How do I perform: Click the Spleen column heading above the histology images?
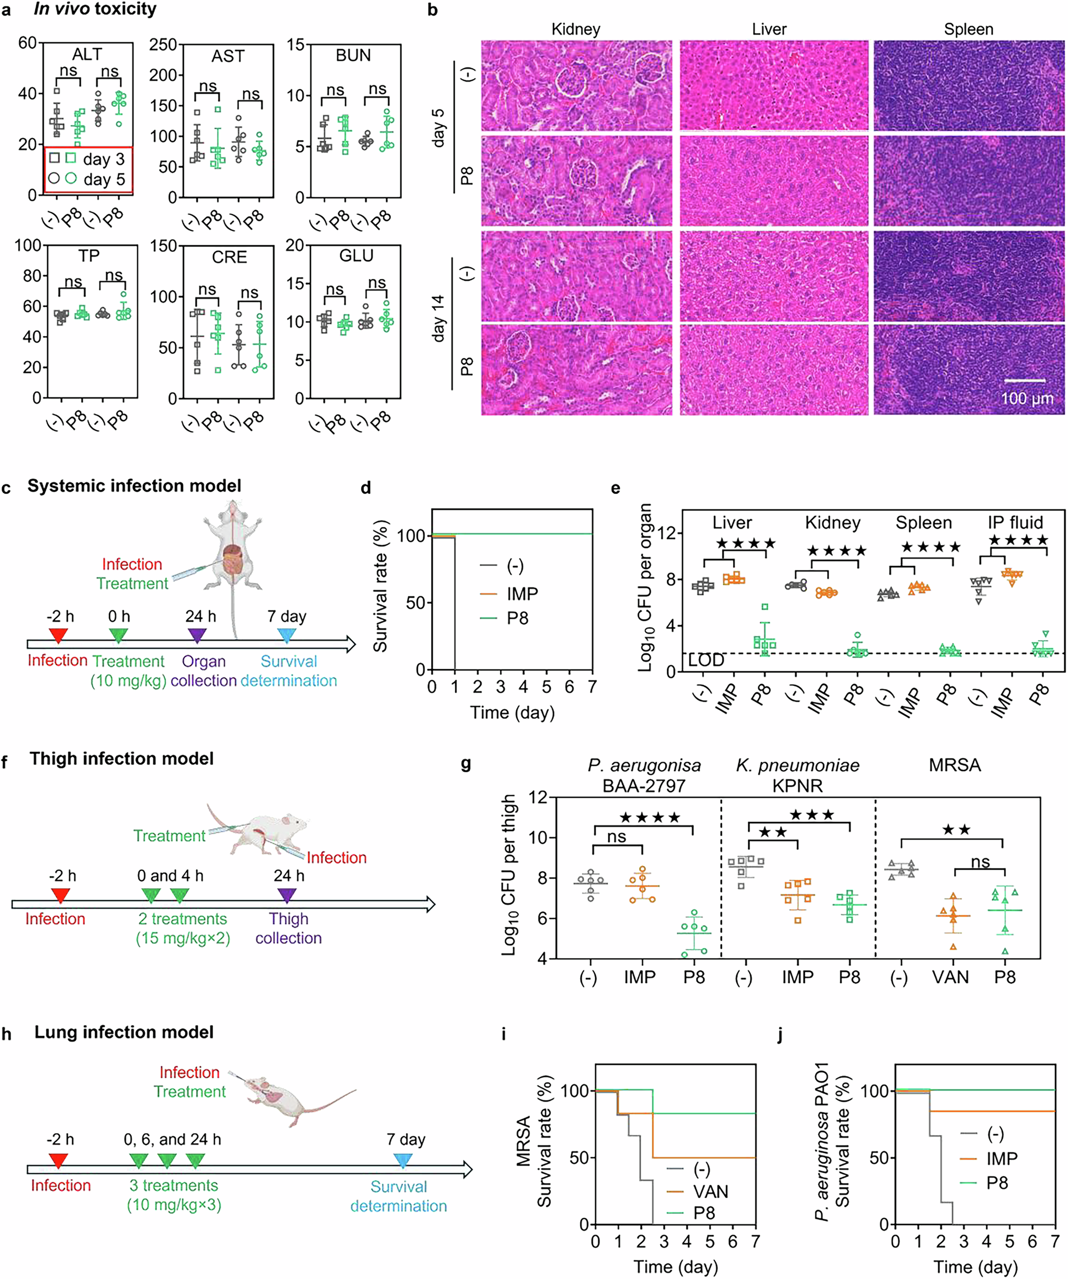tap(968, 29)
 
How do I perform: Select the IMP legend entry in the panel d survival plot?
tap(522, 593)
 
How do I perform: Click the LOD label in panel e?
tap(706, 660)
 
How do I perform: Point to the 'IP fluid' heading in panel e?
tap(1015, 522)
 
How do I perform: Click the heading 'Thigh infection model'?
tap(121, 758)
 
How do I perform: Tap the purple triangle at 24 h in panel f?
tap(286, 895)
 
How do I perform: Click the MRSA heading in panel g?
tap(954, 765)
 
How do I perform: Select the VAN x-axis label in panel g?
tap(950, 977)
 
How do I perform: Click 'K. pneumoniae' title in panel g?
tap(797, 765)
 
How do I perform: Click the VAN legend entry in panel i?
tap(710, 1191)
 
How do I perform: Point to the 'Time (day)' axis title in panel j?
tap(977, 1267)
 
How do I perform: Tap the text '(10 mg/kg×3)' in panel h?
tap(174, 1205)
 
